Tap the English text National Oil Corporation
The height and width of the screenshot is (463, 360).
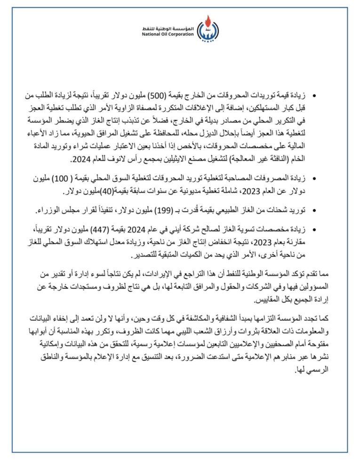click(168, 34)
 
